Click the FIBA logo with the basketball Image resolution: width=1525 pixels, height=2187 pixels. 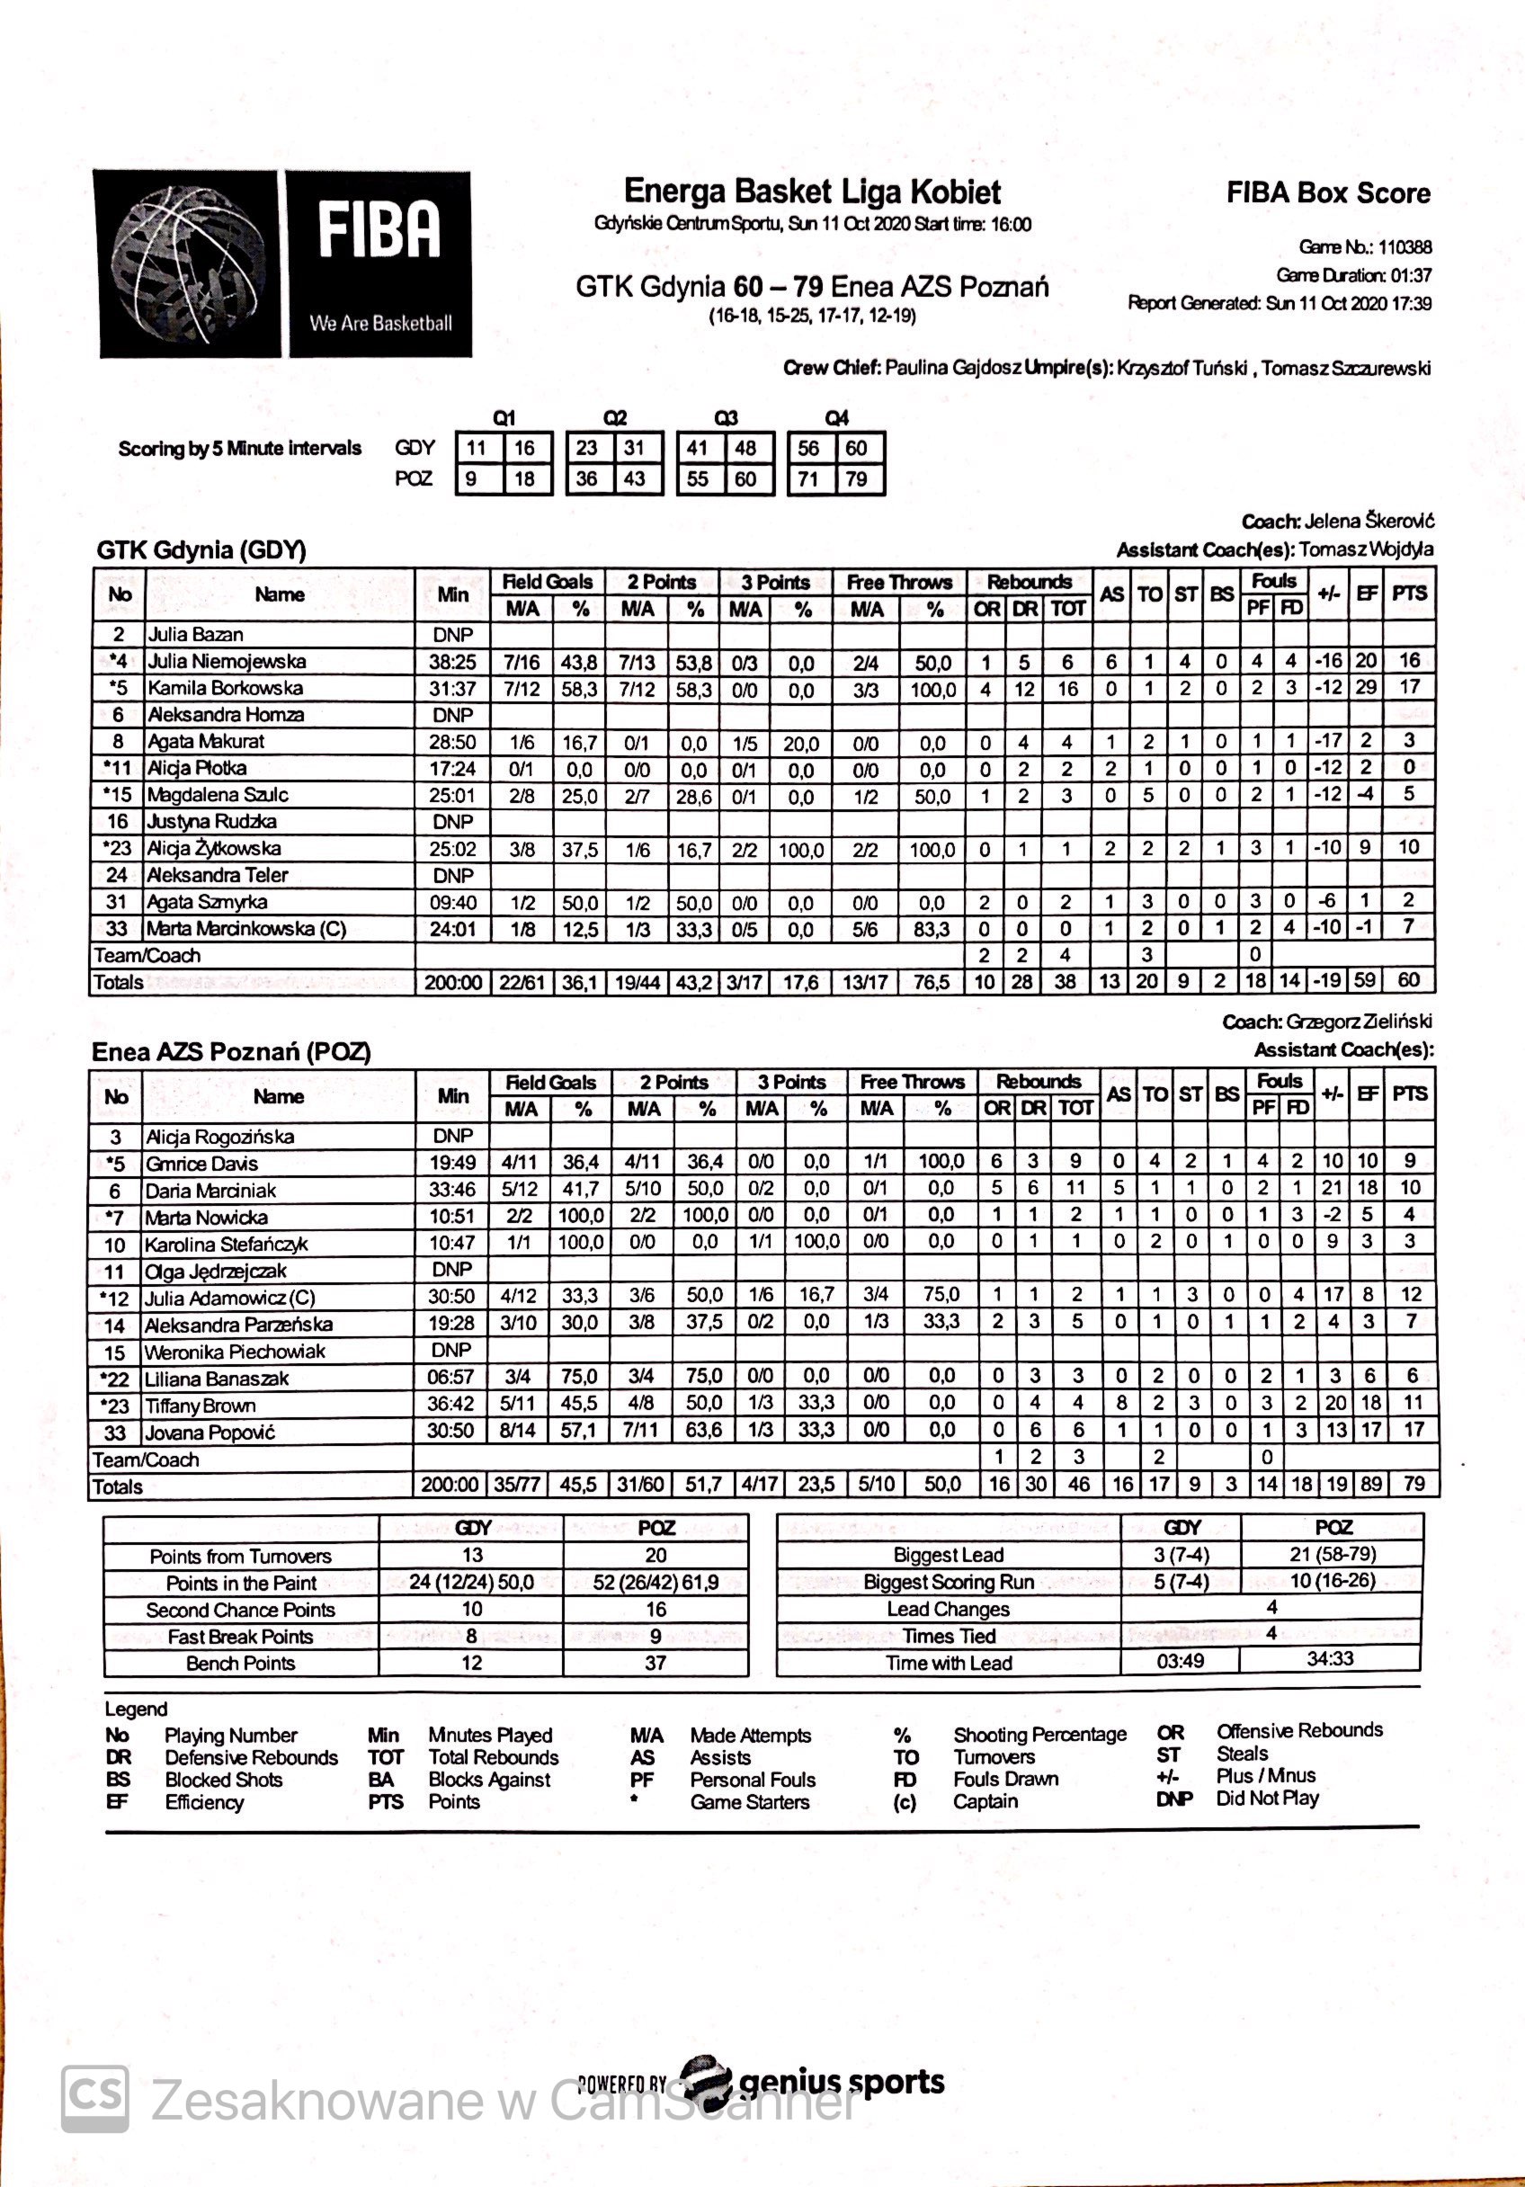click(x=284, y=263)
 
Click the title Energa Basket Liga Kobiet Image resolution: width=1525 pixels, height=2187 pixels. click(x=812, y=192)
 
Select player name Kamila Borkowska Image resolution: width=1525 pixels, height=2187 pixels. click(x=225, y=688)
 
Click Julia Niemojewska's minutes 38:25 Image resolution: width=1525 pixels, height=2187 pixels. click(x=452, y=662)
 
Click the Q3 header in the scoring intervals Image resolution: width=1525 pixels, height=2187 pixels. click(x=726, y=418)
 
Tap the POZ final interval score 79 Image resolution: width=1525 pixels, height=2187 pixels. click(x=856, y=479)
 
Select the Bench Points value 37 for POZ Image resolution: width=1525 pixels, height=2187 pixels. click(x=655, y=1662)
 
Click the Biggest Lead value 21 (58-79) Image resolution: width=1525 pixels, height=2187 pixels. click(x=1332, y=1554)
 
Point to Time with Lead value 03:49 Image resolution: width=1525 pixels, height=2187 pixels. click(x=1181, y=1661)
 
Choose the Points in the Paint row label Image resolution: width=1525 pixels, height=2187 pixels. click(x=240, y=1583)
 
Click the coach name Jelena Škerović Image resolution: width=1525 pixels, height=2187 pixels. click(x=1369, y=521)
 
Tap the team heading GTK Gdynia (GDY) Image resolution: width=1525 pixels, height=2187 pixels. click(x=201, y=549)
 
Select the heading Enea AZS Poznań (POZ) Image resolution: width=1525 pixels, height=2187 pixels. click(x=231, y=1051)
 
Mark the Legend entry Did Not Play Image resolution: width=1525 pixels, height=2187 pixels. click(x=1267, y=1799)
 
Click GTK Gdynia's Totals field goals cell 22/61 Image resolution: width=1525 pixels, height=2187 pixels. click(x=522, y=982)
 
